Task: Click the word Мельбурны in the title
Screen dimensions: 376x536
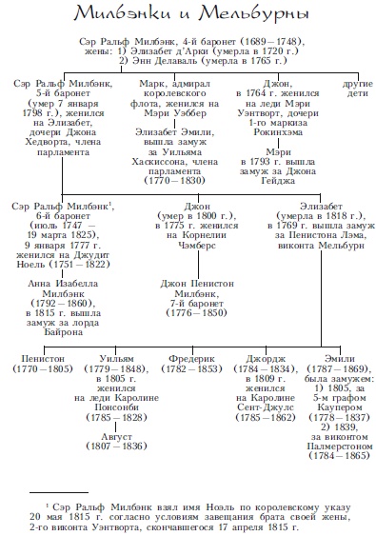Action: tap(254, 14)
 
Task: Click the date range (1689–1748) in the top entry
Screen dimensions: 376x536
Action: tap(271, 42)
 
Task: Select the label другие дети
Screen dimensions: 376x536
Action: tap(358, 89)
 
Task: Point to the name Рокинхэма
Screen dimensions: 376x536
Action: tap(278, 132)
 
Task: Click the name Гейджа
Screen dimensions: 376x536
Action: tap(278, 181)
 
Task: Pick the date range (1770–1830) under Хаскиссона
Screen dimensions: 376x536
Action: tap(175, 181)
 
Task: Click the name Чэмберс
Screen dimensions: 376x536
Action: tap(197, 245)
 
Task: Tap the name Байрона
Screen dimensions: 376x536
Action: tap(63, 332)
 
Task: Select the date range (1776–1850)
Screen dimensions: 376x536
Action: tap(196, 313)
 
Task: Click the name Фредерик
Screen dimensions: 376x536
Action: tap(191, 359)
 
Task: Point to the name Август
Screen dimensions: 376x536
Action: tap(116, 437)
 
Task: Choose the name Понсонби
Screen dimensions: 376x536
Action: tap(116, 407)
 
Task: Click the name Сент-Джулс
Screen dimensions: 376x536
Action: tap(266, 407)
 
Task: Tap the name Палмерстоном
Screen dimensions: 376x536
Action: tap(340, 447)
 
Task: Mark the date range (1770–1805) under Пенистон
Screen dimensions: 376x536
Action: tap(43, 368)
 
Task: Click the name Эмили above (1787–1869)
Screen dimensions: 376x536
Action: tap(340, 359)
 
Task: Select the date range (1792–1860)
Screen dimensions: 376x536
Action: tap(63, 303)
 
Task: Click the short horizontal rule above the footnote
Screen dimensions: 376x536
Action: tap(59, 492)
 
